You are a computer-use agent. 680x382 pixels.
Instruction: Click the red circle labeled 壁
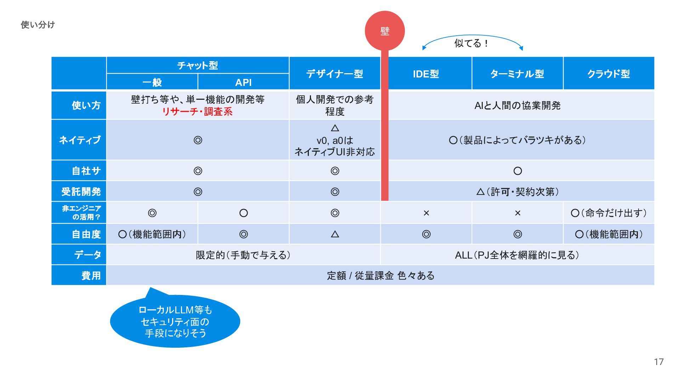pyautogui.click(x=385, y=31)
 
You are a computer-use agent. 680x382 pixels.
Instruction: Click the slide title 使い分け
pyautogui.click(x=38, y=25)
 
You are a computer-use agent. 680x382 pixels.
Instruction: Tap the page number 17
pyautogui.click(x=658, y=362)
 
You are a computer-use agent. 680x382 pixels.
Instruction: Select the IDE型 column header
pyautogui.click(x=426, y=74)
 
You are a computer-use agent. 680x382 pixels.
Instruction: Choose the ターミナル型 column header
pyautogui.click(x=517, y=74)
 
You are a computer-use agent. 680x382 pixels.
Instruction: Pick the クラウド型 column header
pyautogui.click(x=608, y=74)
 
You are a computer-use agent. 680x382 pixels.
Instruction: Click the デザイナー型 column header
pyautogui.click(x=335, y=74)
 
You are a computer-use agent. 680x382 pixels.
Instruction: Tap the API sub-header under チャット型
pyautogui.click(x=243, y=82)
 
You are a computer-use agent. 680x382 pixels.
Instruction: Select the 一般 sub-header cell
pyautogui.click(x=152, y=82)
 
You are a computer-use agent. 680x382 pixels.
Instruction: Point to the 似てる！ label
pyautogui.click(x=471, y=43)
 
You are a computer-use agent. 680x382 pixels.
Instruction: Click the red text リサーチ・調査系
pyautogui.click(x=197, y=112)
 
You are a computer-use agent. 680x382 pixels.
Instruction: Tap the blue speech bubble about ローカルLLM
pyautogui.click(x=175, y=322)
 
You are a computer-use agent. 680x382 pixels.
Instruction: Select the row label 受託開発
pyautogui.click(x=81, y=192)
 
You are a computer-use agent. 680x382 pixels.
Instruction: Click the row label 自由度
pyautogui.click(x=86, y=234)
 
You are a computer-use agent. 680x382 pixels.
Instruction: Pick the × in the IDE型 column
pyautogui.click(x=426, y=213)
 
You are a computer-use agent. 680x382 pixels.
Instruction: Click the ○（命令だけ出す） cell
pyautogui.click(x=608, y=213)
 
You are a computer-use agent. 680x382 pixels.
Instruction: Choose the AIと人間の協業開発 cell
pyautogui.click(x=517, y=105)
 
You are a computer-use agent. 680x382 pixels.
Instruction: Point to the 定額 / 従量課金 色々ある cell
pyautogui.click(x=380, y=276)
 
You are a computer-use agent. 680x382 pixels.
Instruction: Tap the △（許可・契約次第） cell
pyautogui.click(x=517, y=192)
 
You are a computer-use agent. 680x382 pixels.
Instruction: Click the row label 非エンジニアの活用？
pyautogui.click(x=81, y=213)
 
